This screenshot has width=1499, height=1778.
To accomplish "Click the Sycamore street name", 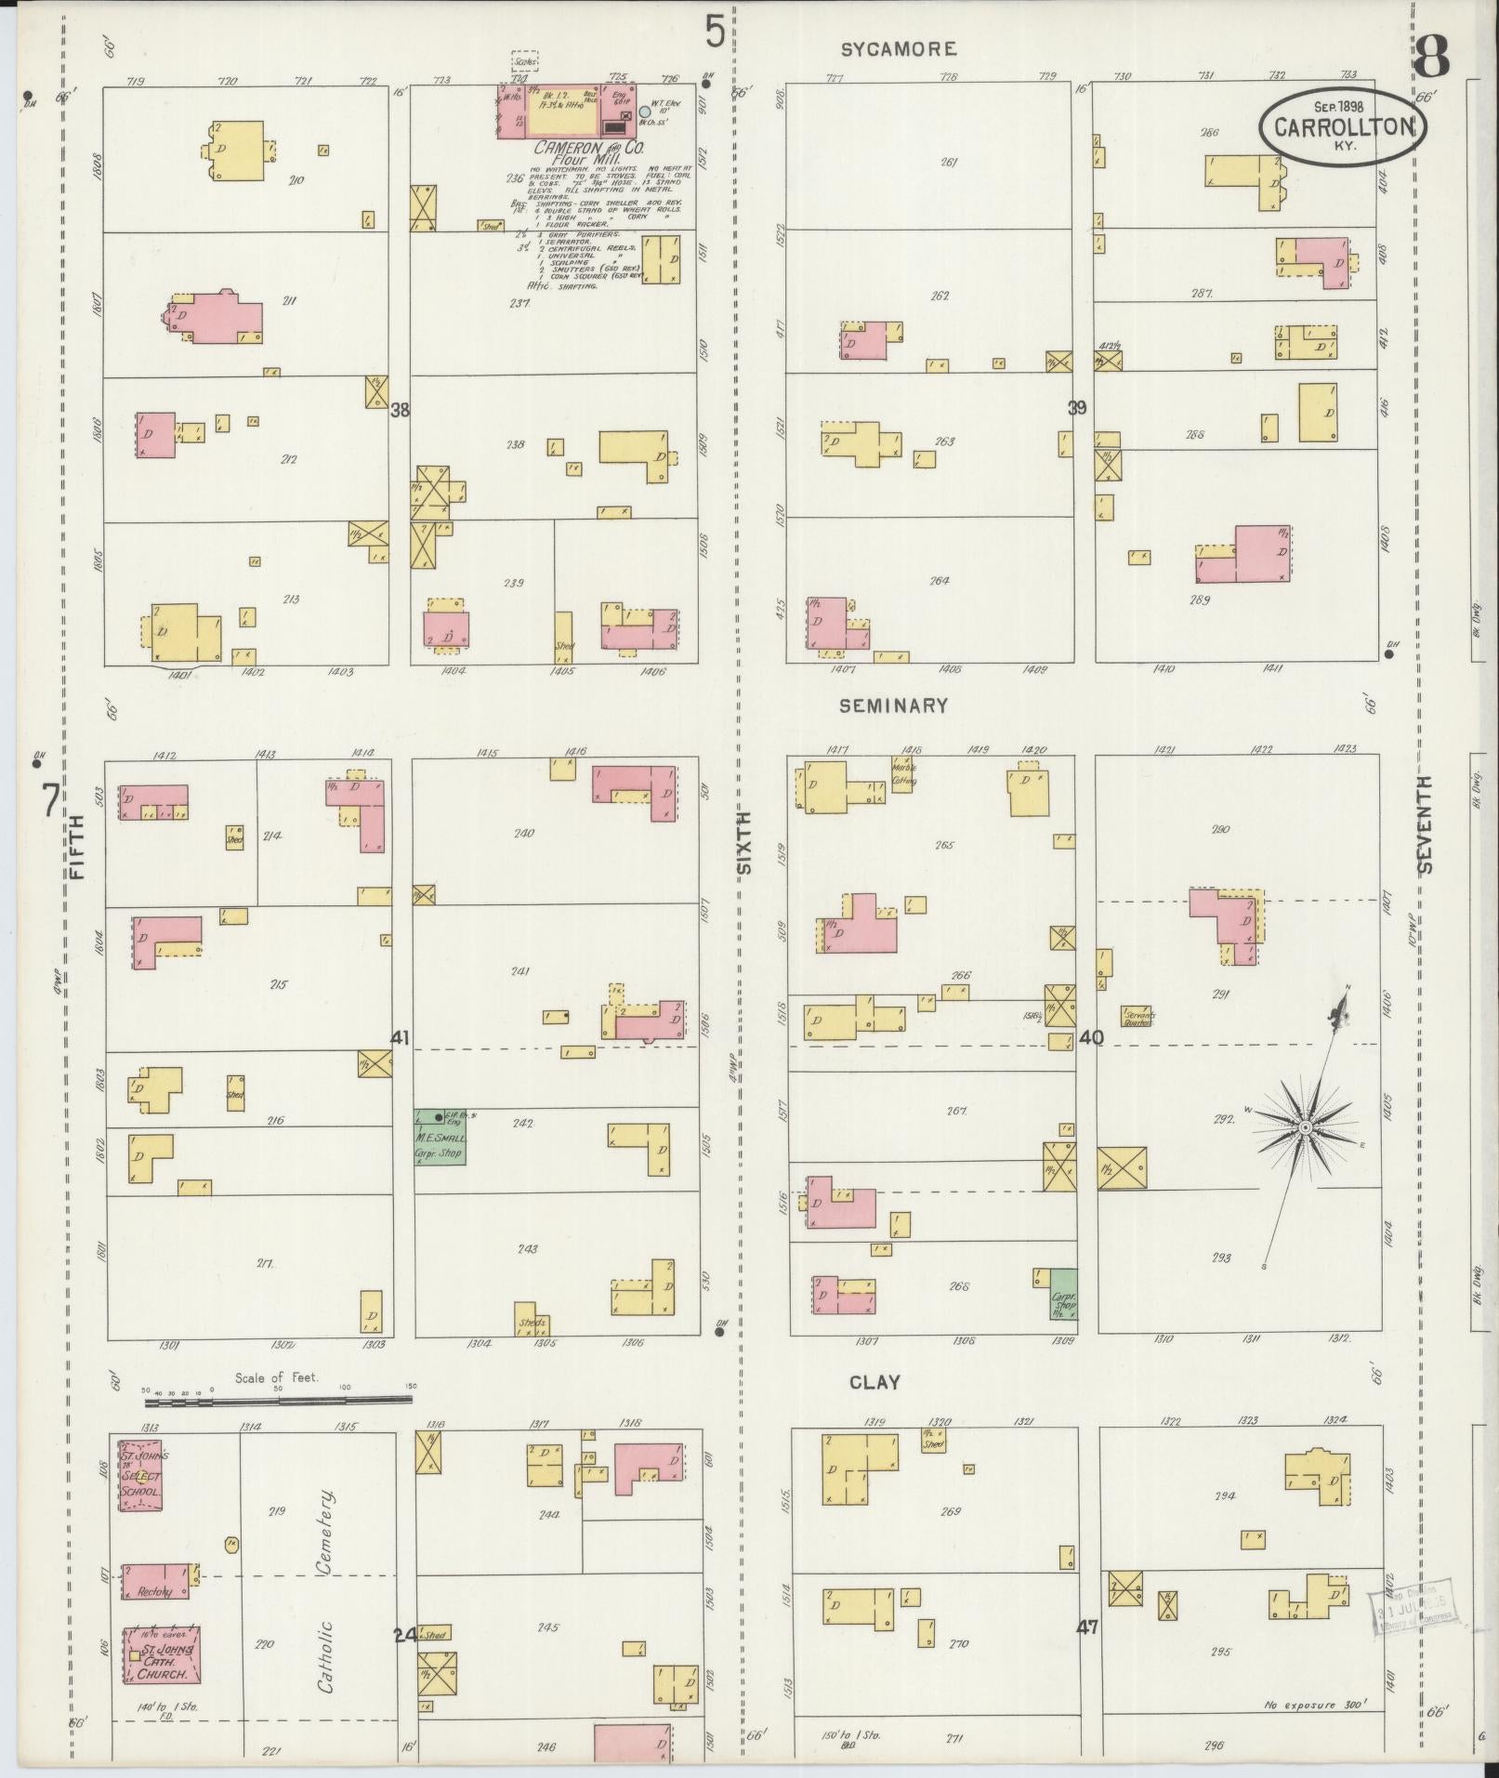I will (x=899, y=49).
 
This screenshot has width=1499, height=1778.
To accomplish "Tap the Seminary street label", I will (x=893, y=706).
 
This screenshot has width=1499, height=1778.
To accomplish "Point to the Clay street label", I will (x=874, y=1382).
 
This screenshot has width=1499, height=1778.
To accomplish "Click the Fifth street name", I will (x=75, y=846).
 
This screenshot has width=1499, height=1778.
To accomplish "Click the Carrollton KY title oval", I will (x=1343, y=128).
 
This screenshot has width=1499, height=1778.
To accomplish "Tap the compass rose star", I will (x=1305, y=1126).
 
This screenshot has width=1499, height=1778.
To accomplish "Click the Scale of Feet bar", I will (x=278, y=1398).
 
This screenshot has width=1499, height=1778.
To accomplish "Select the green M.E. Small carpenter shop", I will (x=440, y=1136).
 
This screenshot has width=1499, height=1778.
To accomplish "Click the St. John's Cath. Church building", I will (x=162, y=1655).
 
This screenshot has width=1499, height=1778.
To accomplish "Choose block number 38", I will (x=400, y=409).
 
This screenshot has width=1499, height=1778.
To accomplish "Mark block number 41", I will (x=400, y=1037).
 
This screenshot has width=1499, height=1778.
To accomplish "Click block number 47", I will (x=1087, y=1627).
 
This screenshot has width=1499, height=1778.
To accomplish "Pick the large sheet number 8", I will (x=1430, y=57).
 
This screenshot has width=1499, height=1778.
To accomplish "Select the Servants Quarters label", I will (x=1138, y=1017).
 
